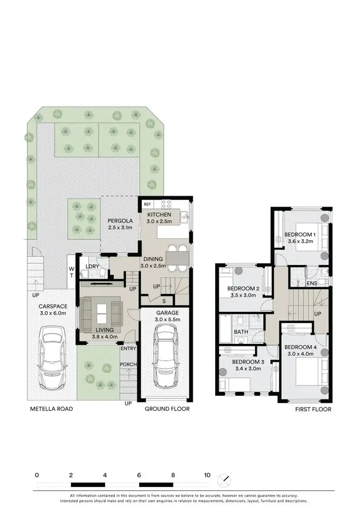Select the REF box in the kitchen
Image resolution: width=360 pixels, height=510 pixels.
147,204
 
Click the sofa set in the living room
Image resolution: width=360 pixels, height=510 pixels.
101,315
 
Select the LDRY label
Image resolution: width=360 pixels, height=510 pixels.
92,267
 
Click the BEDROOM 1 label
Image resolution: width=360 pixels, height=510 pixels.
300,234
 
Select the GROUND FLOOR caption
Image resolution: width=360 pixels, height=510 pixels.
168,409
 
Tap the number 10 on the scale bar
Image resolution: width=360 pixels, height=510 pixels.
207,475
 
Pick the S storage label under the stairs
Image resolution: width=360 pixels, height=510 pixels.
164,301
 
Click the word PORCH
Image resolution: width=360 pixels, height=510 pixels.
128,364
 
